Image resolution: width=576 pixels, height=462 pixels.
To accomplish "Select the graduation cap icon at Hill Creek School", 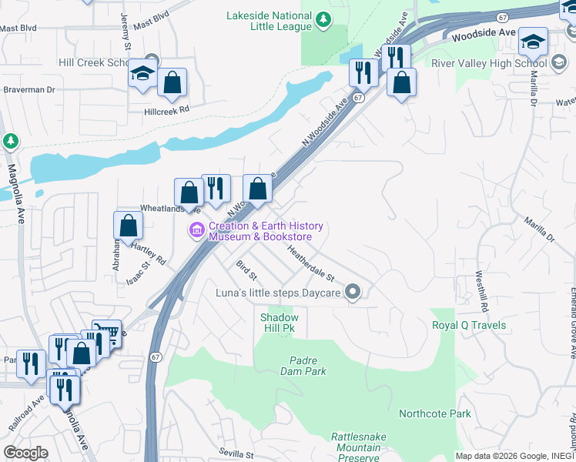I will (x=142, y=74).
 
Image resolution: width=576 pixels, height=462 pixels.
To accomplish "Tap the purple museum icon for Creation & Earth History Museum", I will (x=197, y=229).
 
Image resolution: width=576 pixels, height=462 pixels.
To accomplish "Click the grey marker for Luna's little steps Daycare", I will (x=353, y=291).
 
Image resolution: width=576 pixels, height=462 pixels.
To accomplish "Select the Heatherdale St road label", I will (x=310, y=263).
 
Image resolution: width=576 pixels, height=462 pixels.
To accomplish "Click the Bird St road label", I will (x=246, y=269).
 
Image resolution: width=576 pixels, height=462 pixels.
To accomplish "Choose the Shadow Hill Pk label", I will (x=279, y=323).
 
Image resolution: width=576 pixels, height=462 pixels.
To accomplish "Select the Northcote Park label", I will (x=434, y=413).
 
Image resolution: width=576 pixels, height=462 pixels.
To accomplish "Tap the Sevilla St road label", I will (x=235, y=454).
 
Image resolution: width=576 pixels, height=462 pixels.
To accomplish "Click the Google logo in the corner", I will (x=25, y=453).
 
